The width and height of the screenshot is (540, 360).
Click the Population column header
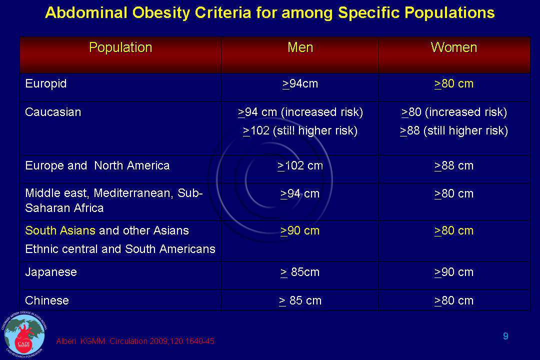[x=120, y=47]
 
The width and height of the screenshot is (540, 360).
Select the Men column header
[x=300, y=47]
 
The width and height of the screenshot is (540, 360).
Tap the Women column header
[x=454, y=47]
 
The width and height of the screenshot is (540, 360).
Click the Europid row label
[x=46, y=83]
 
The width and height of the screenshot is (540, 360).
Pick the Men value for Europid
[x=300, y=84]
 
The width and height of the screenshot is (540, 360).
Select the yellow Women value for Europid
[x=454, y=84]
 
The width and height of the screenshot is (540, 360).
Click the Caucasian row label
[x=53, y=112]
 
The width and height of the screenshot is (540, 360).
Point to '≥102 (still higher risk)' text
[x=300, y=131]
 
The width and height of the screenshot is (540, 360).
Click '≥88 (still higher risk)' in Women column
[x=454, y=131]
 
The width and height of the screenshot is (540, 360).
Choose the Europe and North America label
[x=97, y=165]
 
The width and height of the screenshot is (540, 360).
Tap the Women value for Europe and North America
[x=454, y=165]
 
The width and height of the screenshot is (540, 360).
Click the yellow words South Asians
[x=60, y=230]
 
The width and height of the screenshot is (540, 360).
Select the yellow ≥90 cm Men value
[x=300, y=230]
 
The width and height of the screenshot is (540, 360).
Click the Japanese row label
[x=51, y=272]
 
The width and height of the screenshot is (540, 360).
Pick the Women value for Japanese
[x=454, y=272]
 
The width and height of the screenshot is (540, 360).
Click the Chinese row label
[x=47, y=300]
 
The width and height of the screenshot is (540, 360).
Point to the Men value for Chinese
[x=300, y=300]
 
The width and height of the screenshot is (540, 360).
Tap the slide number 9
[x=505, y=336]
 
